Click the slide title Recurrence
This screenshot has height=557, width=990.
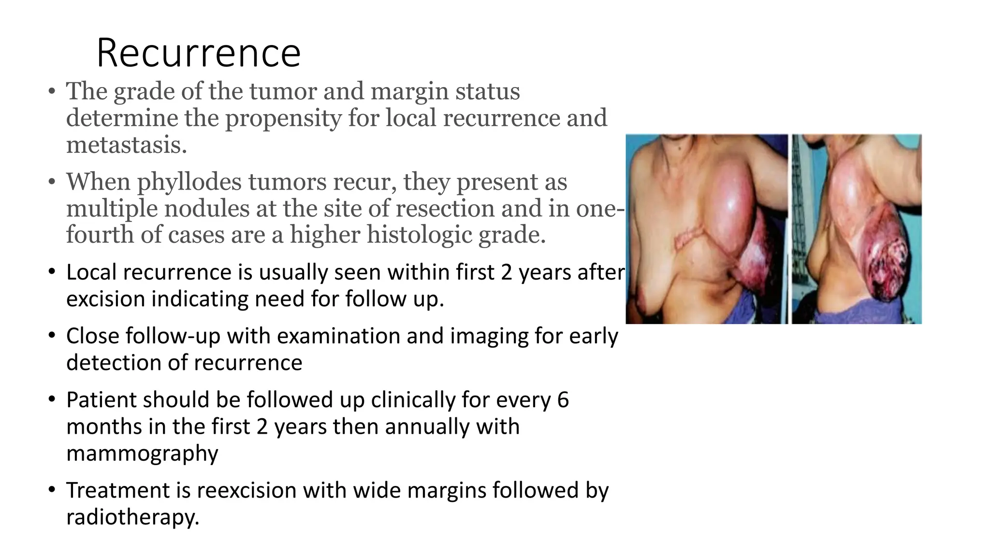click(198, 53)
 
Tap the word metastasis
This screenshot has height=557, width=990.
click(126, 145)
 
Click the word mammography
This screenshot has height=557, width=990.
click(142, 454)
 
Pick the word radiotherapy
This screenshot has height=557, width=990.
click(132, 517)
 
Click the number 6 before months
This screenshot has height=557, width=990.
click(563, 400)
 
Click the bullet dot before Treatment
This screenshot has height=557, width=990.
click(52, 490)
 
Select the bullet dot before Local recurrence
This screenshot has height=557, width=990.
click(52, 272)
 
